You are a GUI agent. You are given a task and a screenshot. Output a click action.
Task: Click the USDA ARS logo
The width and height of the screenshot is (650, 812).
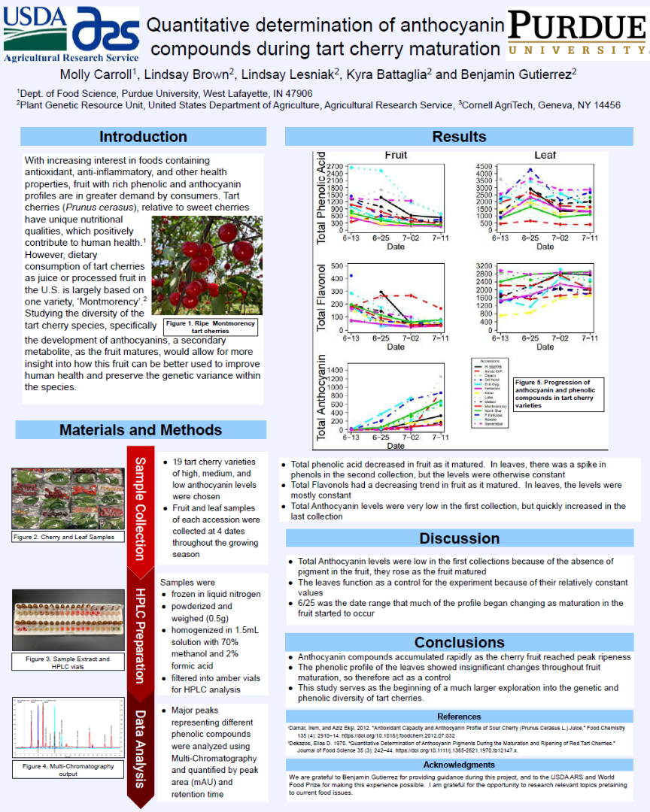tap(71, 35)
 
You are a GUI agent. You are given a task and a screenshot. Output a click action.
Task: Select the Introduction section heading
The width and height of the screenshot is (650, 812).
tap(143, 137)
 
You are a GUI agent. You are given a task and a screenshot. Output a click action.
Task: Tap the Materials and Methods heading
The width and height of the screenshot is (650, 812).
tap(141, 430)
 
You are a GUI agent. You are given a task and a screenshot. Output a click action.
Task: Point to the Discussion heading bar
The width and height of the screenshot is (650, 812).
tap(460, 538)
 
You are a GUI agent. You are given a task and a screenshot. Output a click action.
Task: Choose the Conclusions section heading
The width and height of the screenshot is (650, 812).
tap(460, 642)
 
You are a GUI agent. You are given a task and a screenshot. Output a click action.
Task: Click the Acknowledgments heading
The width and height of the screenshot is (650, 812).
tap(460, 765)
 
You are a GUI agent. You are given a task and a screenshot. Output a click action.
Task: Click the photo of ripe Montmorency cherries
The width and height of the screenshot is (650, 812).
tap(207, 265)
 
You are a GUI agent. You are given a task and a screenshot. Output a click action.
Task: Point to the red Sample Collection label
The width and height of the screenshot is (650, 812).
tap(140, 507)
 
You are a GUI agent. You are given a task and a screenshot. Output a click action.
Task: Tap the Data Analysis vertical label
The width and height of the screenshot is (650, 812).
tap(140, 748)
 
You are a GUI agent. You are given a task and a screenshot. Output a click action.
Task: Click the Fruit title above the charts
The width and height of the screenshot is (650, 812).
tap(396, 155)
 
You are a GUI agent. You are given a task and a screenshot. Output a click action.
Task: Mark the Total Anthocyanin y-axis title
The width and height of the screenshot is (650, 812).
tap(322, 397)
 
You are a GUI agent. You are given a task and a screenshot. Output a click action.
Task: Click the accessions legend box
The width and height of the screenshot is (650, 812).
tap(490, 393)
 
